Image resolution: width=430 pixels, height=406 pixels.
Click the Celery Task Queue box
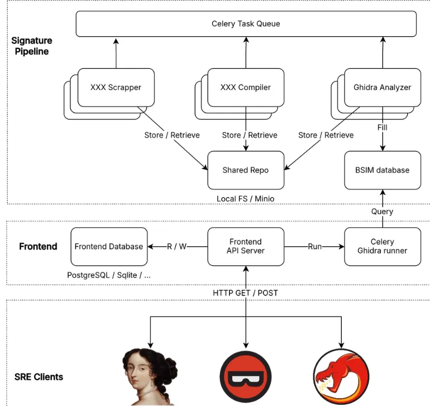pos(246,24)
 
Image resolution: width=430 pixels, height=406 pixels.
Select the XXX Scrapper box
pos(116,87)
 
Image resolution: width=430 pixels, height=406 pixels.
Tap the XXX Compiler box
pos(245,87)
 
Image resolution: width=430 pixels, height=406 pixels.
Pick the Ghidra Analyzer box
pos(382,87)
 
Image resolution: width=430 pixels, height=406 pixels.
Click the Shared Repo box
pos(245,170)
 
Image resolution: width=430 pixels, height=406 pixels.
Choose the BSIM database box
pos(382,170)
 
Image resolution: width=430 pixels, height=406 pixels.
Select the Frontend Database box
pos(108,246)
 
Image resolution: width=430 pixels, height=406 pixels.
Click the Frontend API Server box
pos(245,246)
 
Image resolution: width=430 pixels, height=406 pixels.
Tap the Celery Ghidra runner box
pos(382,246)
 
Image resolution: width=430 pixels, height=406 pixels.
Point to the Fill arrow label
pos(382,127)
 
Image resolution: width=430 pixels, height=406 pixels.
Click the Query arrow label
pos(382,212)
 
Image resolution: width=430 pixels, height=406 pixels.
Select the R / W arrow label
pos(176,246)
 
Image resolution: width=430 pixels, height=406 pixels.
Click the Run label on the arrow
pos(314,246)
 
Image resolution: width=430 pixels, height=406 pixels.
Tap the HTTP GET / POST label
pos(245,293)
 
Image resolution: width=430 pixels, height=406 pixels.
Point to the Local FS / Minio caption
pos(245,199)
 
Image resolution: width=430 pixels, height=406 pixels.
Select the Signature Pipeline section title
pos(32,46)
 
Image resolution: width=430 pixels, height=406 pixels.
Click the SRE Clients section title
pos(39,376)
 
